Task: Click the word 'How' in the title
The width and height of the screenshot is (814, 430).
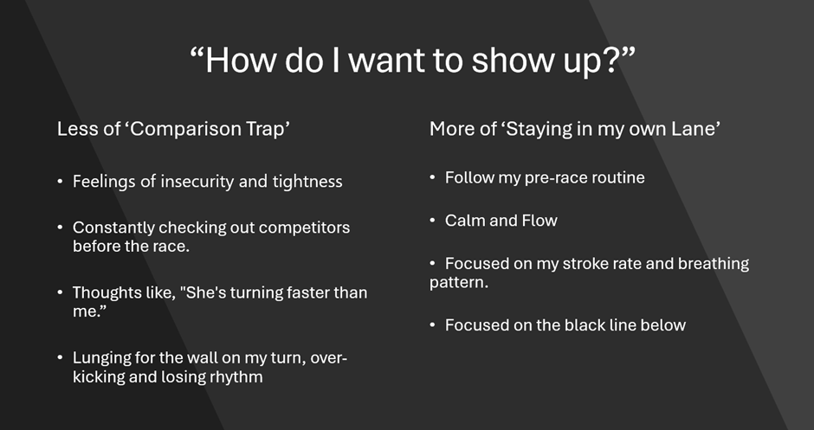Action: tap(241, 61)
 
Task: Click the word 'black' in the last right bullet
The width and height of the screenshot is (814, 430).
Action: tap(585, 325)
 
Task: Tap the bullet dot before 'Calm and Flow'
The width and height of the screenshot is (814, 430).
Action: tap(432, 221)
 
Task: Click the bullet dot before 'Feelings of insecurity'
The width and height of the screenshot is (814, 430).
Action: tap(61, 182)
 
